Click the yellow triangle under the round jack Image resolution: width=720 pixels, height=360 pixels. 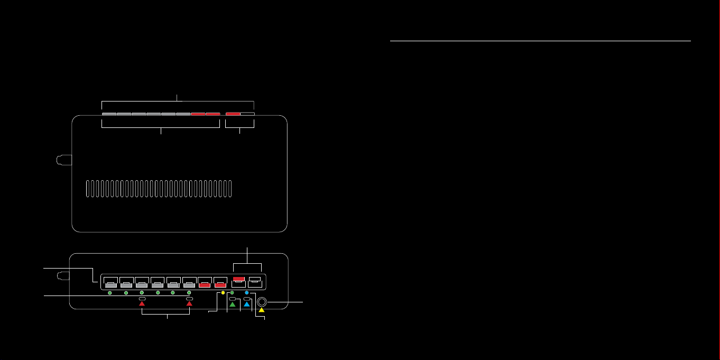pos(261,310)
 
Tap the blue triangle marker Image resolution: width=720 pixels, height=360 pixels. pos(246,306)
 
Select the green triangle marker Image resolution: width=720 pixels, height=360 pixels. pos(233,306)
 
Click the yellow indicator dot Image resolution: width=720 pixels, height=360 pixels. pos(223,292)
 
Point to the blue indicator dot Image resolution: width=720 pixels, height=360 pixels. pos(247,292)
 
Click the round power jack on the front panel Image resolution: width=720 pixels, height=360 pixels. pos(261,302)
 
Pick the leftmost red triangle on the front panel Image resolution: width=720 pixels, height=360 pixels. pos(142,304)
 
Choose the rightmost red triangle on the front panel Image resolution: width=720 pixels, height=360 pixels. pos(189,304)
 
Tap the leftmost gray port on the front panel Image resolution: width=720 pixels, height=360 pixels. pos(110,283)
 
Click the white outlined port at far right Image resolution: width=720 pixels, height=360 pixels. pos(255,281)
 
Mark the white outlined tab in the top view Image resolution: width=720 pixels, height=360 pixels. pos(247,114)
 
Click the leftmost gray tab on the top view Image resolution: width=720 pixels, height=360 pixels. pos(109,114)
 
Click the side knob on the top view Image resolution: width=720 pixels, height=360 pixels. pos(63,160)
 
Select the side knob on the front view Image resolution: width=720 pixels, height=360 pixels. pos(63,275)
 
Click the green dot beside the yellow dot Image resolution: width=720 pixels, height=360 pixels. pos(232,292)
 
